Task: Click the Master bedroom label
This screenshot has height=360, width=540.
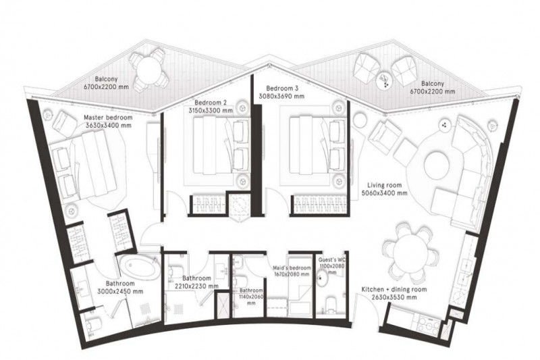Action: (x=108, y=118)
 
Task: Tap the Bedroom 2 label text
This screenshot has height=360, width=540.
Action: (x=211, y=103)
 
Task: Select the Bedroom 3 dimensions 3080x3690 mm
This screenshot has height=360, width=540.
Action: (x=281, y=97)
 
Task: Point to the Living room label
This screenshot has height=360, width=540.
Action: (x=384, y=185)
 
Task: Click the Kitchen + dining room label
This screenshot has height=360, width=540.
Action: (x=394, y=289)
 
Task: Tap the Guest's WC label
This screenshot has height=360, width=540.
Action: (x=331, y=260)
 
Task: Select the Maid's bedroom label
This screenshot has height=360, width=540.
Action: (x=292, y=267)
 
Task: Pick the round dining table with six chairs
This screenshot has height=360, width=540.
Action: (x=410, y=252)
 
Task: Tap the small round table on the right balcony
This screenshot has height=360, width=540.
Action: (x=384, y=80)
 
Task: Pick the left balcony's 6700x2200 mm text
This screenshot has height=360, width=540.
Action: (x=106, y=87)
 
